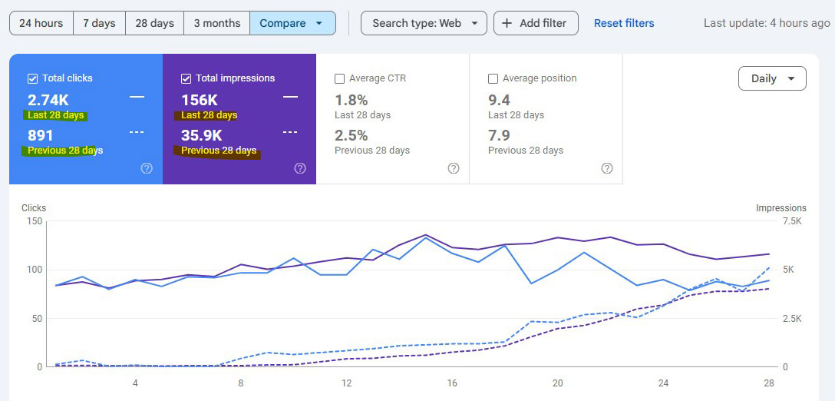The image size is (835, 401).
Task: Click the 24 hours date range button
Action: [41, 23]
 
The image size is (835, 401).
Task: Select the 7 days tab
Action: [99, 23]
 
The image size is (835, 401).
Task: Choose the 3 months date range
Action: [216, 23]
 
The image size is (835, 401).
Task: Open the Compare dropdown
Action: [292, 23]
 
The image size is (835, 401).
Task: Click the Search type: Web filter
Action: [424, 23]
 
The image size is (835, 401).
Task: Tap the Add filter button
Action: [535, 23]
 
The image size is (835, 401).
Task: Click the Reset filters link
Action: [624, 23]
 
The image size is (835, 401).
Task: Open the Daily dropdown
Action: [771, 78]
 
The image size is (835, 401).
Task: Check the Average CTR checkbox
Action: [340, 78]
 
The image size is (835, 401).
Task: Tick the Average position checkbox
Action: [493, 78]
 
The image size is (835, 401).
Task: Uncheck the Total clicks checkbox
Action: [33, 78]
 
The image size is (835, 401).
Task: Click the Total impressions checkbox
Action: [186, 78]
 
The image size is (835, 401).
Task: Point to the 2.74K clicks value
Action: [48, 100]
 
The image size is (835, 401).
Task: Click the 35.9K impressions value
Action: [202, 135]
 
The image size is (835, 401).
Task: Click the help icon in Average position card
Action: [607, 168]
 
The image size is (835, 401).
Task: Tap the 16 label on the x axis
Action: [452, 383]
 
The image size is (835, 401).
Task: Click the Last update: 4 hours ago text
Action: [766, 23]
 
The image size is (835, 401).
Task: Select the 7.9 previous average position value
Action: [499, 135]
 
